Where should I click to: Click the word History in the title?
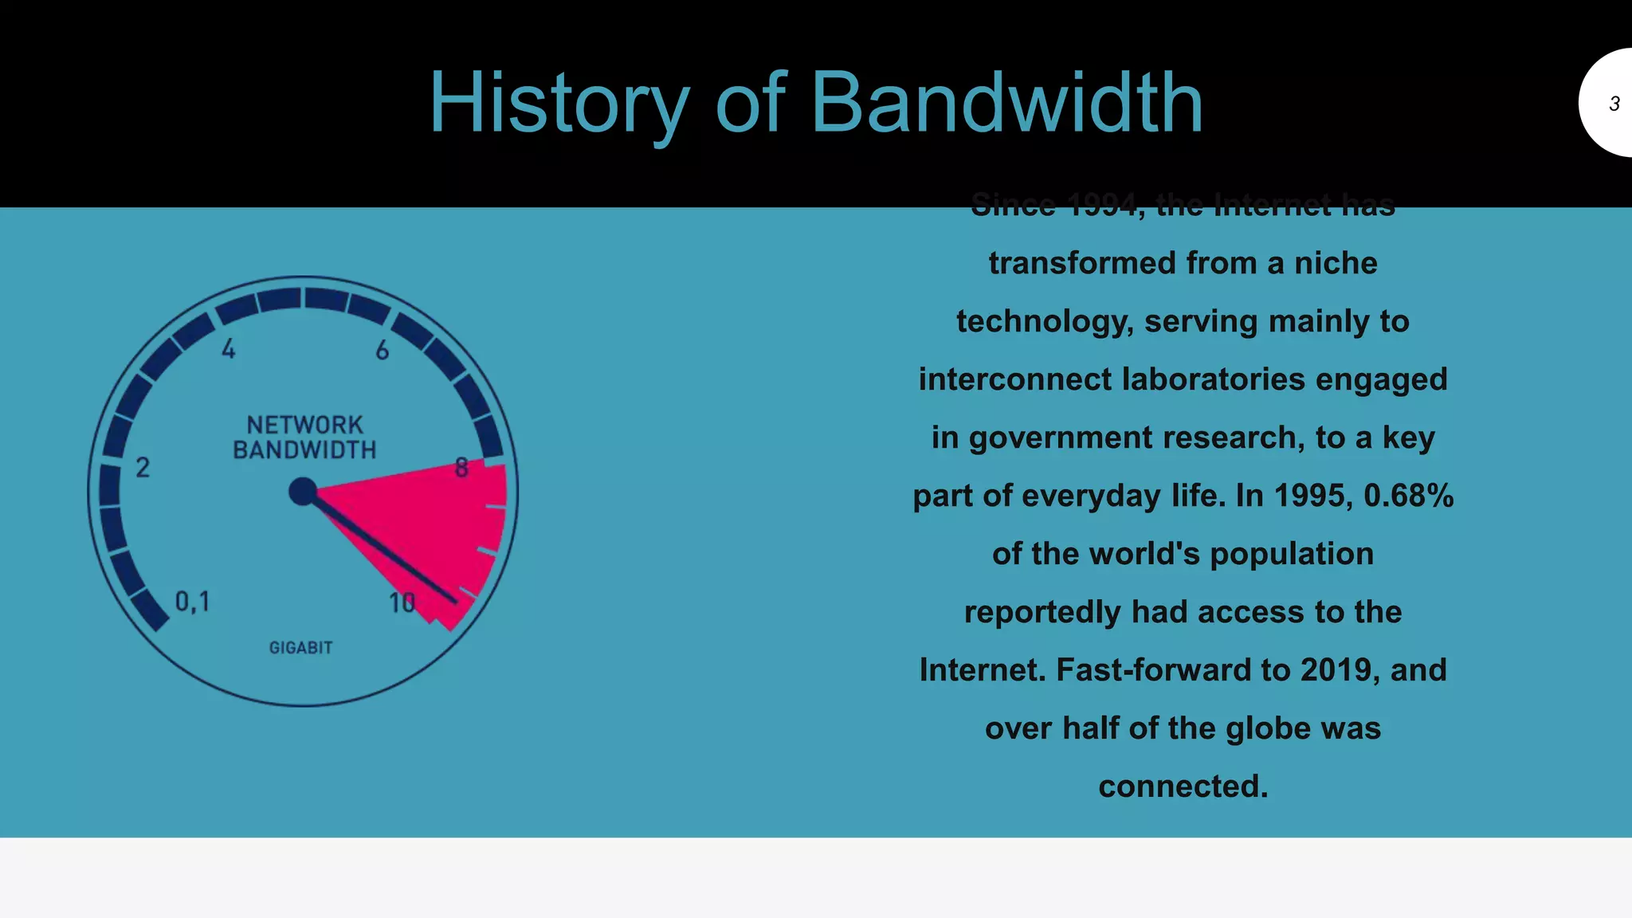click(x=558, y=104)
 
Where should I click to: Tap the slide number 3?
click(x=1614, y=104)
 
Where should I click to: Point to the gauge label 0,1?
click(x=192, y=602)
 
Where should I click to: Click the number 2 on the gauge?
click(x=143, y=467)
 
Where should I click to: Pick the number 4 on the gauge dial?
click(x=229, y=349)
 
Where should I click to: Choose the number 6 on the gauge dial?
click(x=382, y=350)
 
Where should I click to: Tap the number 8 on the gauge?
click(x=461, y=468)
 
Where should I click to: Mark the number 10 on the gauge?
click(x=402, y=603)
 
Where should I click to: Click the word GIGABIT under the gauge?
click(x=300, y=648)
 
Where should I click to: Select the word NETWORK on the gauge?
click(x=304, y=425)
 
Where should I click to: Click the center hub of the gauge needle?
click(x=303, y=492)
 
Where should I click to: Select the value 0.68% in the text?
click(x=1408, y=496)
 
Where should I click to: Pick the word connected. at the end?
click(x=1183, y=787)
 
